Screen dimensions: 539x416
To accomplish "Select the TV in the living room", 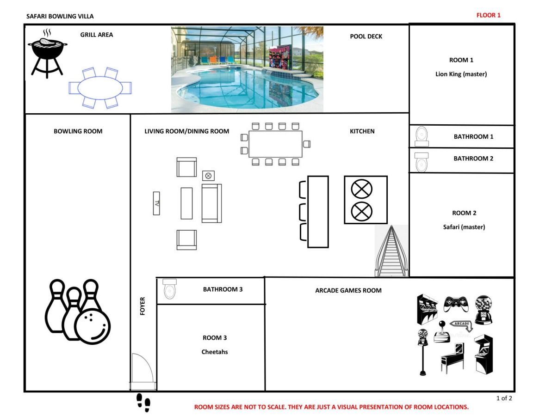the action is (x=156, y=203).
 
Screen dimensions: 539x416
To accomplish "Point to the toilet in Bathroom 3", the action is (x=169, y=289).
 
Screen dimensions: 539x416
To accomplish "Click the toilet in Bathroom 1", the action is (x=422, y=137).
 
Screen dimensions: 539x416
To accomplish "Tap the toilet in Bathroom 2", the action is (x=421, y=162).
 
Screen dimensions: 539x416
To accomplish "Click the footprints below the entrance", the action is (x=143, y=403).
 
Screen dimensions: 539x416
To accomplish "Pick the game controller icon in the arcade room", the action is (x=456, y=304).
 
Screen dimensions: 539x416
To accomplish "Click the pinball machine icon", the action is (x=452, y=358).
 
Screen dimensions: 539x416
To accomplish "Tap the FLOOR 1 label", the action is (x=488, y=15).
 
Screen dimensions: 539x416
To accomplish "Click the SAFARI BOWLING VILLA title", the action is (x=60, y=16).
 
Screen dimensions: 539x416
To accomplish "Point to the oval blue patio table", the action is (x=100, y=88).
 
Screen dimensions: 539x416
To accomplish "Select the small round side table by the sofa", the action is (x=208, y=176).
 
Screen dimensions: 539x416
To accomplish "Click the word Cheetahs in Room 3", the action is (x=215, y=352).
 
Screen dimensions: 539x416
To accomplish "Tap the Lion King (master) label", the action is (x=461, y=74).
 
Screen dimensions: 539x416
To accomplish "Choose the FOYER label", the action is (x=142, y=306).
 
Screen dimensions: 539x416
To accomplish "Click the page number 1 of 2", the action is (x=504, y=398).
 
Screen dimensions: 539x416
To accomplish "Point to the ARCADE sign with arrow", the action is (x=461, y=324).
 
